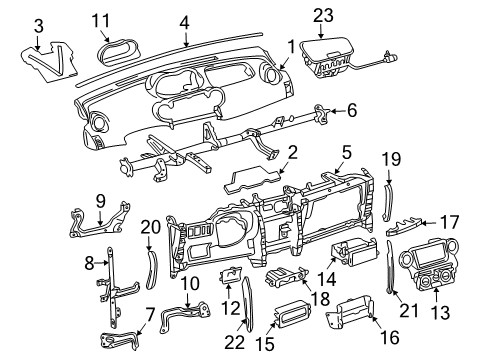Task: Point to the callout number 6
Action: coord(351,112)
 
